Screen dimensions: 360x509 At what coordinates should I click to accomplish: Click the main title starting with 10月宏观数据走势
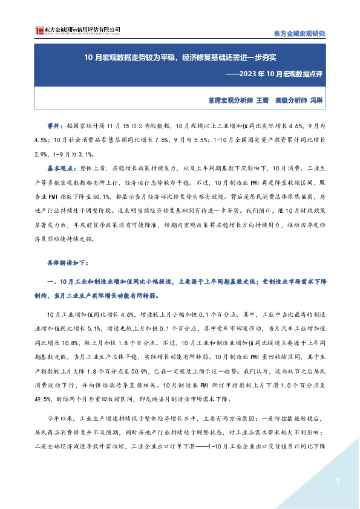181,59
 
